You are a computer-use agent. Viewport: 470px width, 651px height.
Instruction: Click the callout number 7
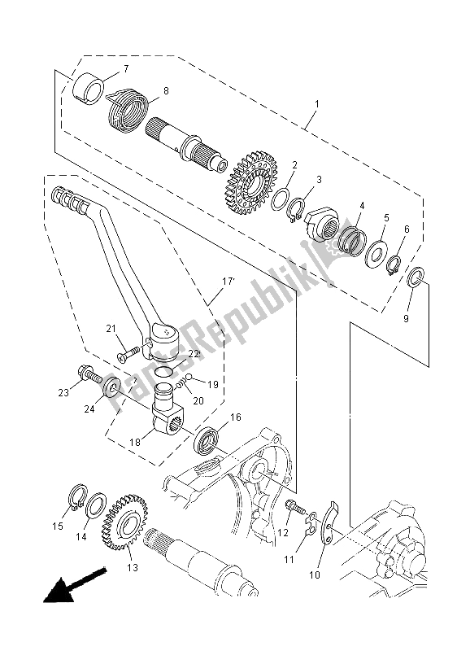click(126, 68)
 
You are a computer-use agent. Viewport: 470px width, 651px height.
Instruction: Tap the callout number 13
click(133, 567)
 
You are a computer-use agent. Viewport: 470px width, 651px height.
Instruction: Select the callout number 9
click(406, 318)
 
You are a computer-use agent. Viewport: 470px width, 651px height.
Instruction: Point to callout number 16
click(236, 417)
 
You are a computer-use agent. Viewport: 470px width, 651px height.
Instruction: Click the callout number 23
click(63, 392)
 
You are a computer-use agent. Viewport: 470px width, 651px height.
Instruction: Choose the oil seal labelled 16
click(207, 439)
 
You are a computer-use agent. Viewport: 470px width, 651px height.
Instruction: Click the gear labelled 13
click(124, 522)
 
